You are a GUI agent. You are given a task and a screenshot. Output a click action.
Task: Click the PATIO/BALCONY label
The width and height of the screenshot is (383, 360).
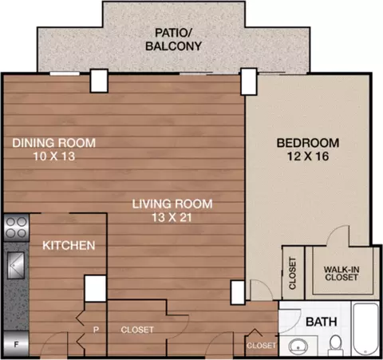click(x=173, y=39)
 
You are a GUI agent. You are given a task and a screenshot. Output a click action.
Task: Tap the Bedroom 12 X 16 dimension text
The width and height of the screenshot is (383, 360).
click(x=308, y=156)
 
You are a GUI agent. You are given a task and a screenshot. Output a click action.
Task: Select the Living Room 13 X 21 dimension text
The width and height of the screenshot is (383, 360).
click(x=172, y=217)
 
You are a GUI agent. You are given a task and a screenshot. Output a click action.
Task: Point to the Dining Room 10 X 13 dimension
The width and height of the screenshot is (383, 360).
click(x=54, y=156)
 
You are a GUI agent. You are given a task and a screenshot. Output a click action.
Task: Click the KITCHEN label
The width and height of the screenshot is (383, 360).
click(x=69, y=245)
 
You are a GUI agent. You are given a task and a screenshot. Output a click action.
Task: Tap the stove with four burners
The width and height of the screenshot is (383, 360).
click(x=16, y=227)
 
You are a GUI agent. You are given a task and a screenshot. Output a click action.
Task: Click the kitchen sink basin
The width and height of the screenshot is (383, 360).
click(x=16, y=265)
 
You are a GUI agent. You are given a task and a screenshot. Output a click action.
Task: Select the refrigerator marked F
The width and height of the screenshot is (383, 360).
click(x=16, y=344)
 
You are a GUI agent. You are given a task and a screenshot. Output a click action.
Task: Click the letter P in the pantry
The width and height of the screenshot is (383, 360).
click(x=96, y=330)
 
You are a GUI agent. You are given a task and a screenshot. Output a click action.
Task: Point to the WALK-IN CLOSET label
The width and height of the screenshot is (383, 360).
click(x=342, y=274)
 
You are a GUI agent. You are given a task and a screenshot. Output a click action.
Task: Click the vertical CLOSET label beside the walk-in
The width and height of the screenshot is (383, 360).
click(x=293, y=273)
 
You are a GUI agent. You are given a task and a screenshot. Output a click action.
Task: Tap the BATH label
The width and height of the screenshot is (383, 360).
click(x=322, y=322)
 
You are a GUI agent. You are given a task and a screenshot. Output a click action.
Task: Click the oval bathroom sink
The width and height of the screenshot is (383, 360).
click(x=298, y=346)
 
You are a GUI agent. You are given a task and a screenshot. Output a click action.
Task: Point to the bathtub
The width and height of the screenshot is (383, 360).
click(x=365, y=329)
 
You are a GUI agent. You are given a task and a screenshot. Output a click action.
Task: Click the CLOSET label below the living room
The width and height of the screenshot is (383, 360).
click(x=137, y=330)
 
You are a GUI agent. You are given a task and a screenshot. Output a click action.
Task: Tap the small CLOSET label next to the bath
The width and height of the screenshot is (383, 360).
click(x=261, y=346)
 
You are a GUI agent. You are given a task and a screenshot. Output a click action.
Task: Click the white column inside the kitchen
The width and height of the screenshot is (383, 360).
click(x=95, y=288)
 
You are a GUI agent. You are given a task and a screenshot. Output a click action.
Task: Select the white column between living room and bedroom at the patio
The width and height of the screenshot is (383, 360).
click(x=249, y=81)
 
